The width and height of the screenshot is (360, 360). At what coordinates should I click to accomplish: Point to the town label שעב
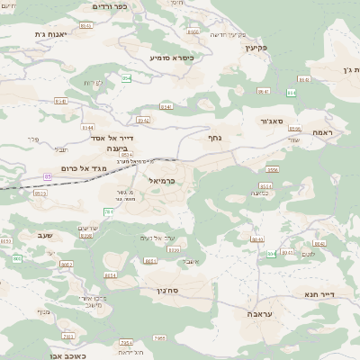click(x=44, y=236)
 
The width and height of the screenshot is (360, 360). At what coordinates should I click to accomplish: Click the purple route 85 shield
click(x=48, y=175)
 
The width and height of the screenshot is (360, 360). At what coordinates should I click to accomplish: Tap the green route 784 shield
click(x=108, y=211)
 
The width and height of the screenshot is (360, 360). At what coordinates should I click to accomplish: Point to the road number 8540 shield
click(x=60, y=102)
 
